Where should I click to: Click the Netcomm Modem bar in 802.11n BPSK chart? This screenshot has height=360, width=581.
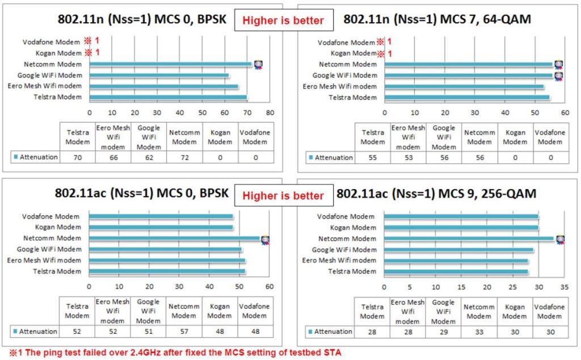coord(170,64)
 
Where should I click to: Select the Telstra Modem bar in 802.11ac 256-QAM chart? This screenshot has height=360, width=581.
coord(456,271)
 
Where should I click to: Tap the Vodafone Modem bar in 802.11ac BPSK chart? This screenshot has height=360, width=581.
coord(161,216)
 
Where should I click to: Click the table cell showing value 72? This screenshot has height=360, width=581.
coord(184,157)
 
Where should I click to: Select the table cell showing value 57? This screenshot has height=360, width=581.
coord(184,331)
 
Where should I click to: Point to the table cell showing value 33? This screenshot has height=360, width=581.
coord(479,331)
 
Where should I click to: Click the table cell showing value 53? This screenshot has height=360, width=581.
coord(409,157)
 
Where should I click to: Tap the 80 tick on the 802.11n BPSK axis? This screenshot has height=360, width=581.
coord(270,112)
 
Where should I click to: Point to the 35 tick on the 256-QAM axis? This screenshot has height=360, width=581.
coord(564,287)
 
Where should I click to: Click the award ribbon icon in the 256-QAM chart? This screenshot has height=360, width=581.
coord(559,239)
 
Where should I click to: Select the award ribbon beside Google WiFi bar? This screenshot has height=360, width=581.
coord(558,76)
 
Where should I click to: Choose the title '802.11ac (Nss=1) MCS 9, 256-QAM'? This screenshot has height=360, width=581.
coord(436,194)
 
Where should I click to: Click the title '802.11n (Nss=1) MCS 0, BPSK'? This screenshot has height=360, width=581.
coord(142,19)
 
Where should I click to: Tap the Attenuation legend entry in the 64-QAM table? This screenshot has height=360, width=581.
coord(330,157)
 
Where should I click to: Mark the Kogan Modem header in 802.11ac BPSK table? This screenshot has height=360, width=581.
coord(220,311)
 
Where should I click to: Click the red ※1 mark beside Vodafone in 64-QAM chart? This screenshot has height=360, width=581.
coord(385,42)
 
